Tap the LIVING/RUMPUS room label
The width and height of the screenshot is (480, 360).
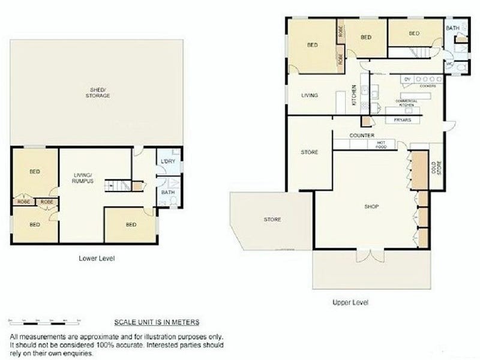click(x=82, y=178)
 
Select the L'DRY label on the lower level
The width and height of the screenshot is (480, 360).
click(x=166, y=162)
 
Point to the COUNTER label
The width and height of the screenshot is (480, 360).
click(x=362, y=136)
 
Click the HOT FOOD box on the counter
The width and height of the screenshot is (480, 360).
click(x=381, y=144)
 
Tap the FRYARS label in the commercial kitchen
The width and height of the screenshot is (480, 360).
click(x=402, y=120)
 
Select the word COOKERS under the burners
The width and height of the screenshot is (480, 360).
click(x=427, y=86)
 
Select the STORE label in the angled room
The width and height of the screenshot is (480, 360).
click(x=272, y=220)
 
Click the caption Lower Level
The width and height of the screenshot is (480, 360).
click(x=97, y=259)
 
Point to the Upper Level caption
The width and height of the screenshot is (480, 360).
click(x=350, y=302)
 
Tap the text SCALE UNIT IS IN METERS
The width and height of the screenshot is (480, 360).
click(x=157, y=322)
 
